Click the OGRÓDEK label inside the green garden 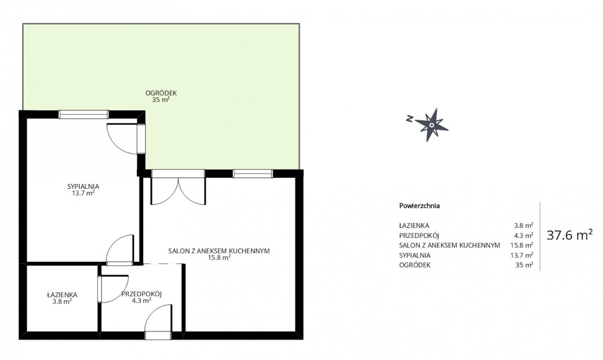tap(161, 93)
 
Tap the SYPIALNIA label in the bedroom tap(83, 186)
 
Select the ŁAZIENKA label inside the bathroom tap(62, 295)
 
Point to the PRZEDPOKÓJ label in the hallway tap(141, 294)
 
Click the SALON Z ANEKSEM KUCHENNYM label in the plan tap(219, 251)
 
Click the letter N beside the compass tap(410, 118)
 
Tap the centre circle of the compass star tap(432, 125)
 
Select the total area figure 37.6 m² tap(570, 235)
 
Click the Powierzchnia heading tap(420, 206)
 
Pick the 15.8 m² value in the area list tap(522, 245)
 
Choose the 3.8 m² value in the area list tap(524, 225)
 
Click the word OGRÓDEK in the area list tap(415, 265)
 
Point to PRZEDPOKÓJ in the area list tap(419, 235)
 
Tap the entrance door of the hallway tap(158, 322)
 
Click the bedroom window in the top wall tap(84, 114)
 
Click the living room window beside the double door tap(253, 174)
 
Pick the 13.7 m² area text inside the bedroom tap(83, 193)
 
